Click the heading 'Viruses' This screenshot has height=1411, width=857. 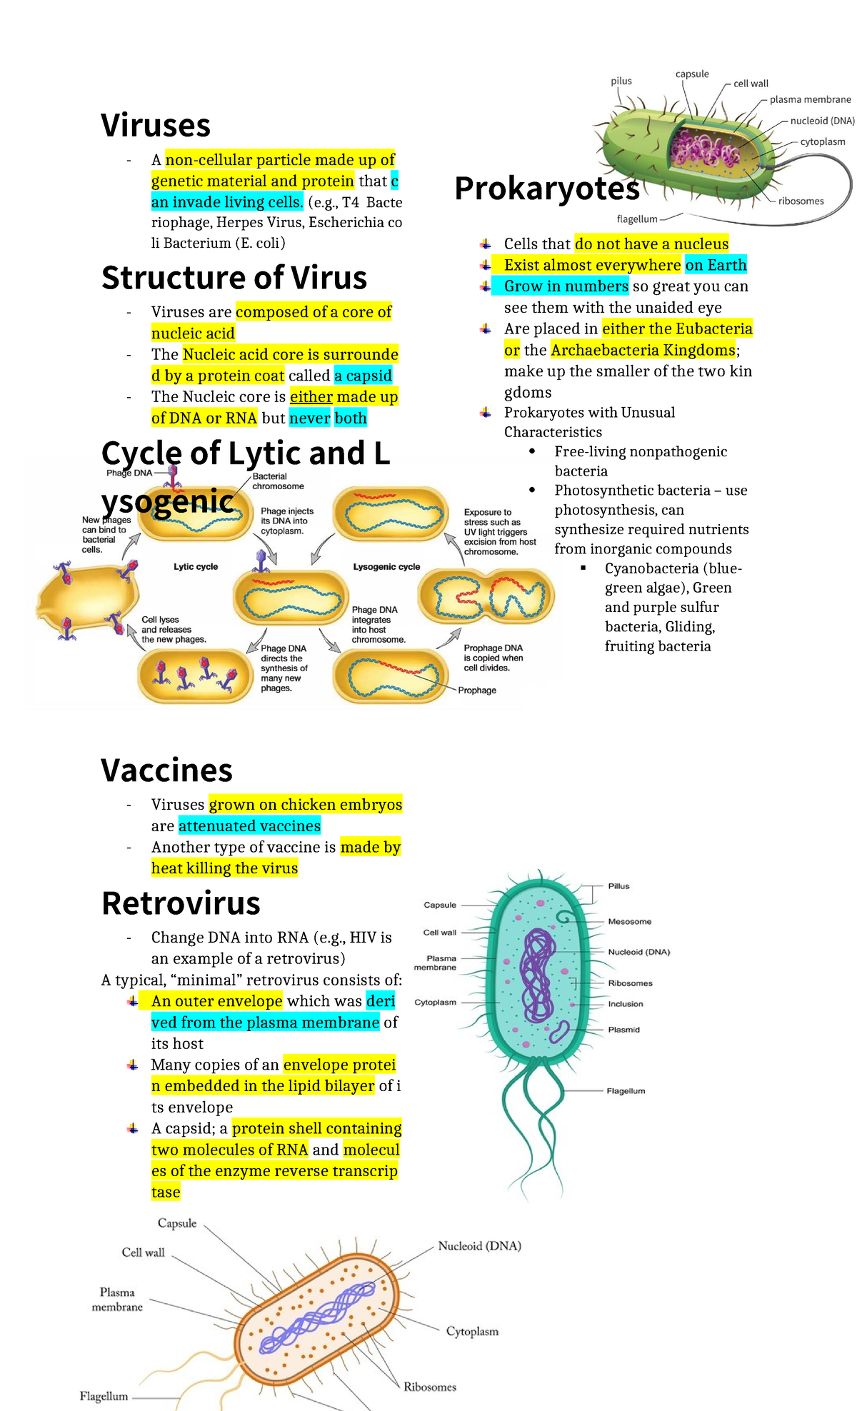click(156, 126)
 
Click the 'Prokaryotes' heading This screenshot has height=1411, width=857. click(547, 189)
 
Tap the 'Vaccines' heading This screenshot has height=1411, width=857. click(167, 770)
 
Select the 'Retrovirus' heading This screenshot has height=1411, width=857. click(181, 903)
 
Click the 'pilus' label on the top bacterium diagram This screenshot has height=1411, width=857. click(621, 81)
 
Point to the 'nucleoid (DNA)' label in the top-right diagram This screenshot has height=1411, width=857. click(822, 121)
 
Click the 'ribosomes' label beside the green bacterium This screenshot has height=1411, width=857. click(801, 201)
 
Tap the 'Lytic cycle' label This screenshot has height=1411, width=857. click(196, 566)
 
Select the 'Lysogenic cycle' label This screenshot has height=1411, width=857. click(386, 566)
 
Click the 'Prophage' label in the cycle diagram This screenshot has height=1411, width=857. click(477, 690)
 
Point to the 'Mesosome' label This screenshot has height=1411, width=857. click(630, 921)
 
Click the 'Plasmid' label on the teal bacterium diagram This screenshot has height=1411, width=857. click(624, 1029)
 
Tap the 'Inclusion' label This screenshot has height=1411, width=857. click(626, 1003)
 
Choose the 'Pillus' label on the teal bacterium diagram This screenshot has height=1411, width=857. click(618, 885)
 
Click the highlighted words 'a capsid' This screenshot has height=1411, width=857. click(364, 376)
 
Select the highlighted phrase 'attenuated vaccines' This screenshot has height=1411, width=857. click(249, 826)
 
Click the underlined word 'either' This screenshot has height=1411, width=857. click(311, 396)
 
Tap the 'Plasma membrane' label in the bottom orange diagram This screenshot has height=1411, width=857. click(117, 1299)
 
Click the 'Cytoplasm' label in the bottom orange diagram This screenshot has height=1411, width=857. click(472, 1331)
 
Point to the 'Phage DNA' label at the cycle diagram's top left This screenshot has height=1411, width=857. click(129, 473)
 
